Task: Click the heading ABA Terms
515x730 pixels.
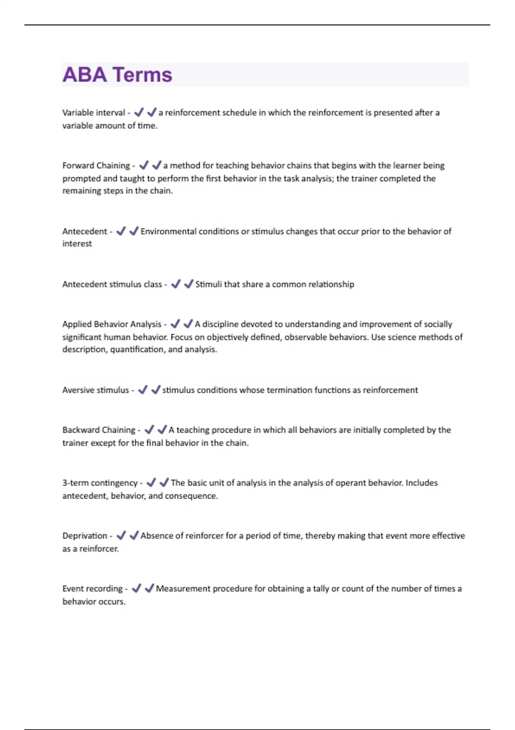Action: pyautogui.click(x=117, y=75)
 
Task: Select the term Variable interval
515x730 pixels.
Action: pyautogui.click(x=93, y=113)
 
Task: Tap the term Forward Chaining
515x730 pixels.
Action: pyautogui.click(x=96, y=165)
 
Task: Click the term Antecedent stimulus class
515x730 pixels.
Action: pyautogui.click(x=112, y=284)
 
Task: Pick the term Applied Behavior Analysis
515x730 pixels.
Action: pyautogui.click(x=112, y=324)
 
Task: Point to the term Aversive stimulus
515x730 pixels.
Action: pyautogui.click(x=95, y=390)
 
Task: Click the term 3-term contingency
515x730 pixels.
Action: pyautogui.click(x=100, y=483)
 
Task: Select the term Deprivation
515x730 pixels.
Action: pyautogui.click(x=85, y=535)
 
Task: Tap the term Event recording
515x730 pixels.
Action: pyautogui.click(x=92, y=588)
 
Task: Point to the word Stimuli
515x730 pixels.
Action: pyautogui.click(x=209, y=284)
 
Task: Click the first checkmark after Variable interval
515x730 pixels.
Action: pyautogui.click(x=139, y=113)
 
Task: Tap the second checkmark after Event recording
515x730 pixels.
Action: pyautogui.click(x=149, y=588)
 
